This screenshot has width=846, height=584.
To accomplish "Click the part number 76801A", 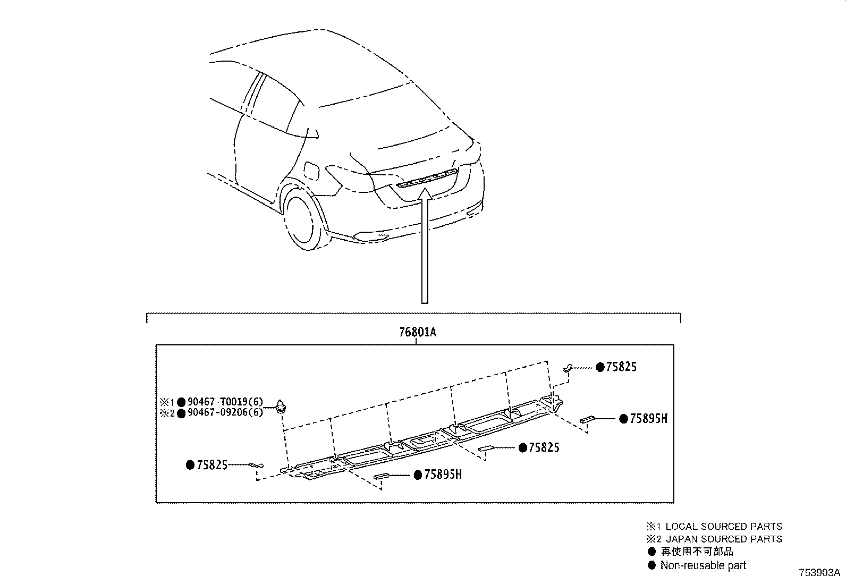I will click(417, 333).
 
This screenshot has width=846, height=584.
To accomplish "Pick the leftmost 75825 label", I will click(212, 465).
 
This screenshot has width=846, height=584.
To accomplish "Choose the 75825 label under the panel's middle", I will click(544, 447).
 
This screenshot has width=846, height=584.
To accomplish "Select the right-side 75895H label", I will click(648, 419).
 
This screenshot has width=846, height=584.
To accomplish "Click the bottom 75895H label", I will click(443, 475).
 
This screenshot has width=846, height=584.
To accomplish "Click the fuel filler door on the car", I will click(310, 171).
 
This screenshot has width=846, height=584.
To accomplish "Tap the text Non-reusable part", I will click(703, 565).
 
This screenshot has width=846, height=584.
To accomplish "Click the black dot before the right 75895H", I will click(624, 419).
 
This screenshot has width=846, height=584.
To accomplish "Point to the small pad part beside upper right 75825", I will click(568, 366).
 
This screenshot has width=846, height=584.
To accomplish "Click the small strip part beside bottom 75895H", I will click(383, 476).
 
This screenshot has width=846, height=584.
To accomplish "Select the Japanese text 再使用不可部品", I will click(697, 552).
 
